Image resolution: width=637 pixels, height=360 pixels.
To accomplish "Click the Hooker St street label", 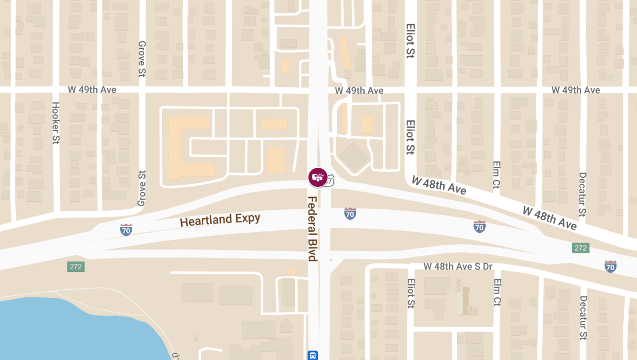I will tap(55, 123).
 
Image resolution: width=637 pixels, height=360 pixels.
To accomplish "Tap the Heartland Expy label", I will tap(220, 219).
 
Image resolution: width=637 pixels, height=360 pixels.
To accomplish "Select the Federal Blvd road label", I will tap(312, 229).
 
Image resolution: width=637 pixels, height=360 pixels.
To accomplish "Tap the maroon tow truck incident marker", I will tap(318, 177).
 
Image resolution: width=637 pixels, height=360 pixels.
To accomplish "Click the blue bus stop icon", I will tap(314, 355).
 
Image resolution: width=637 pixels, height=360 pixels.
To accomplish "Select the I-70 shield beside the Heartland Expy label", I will tap(126, 229).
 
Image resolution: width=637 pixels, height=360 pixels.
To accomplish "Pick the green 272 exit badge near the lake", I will tap(75, 267).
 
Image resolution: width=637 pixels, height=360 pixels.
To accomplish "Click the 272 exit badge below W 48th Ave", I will tap(581, 248).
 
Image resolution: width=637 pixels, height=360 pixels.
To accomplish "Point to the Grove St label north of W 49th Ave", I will tap(142, 58).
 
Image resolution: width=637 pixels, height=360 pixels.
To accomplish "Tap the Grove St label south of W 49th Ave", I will tap(142, 188).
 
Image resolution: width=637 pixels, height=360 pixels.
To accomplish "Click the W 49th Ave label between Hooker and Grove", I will tap(92, 90).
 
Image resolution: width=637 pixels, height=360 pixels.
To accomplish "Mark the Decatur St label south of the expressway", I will tap(583, 318).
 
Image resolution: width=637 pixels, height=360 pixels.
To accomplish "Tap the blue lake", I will tap(69, 329).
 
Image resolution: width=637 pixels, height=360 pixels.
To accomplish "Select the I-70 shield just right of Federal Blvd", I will tap(349, 213).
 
